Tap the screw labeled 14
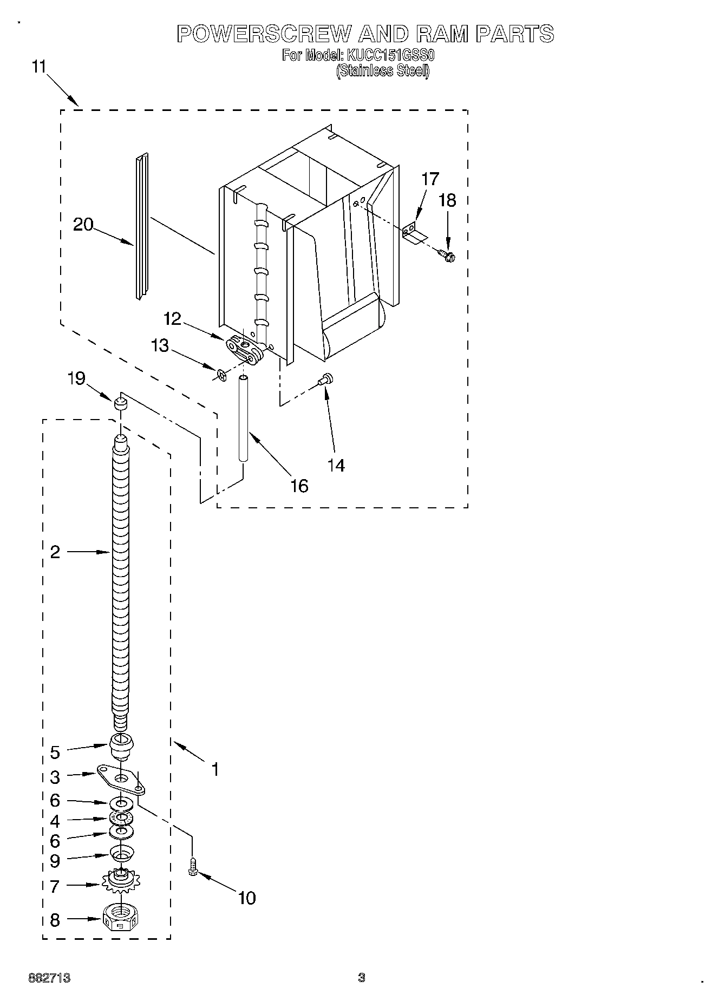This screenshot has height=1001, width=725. (326, 380)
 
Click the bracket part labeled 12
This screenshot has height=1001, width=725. (244, 348)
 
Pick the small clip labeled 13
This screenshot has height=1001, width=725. (220, 374)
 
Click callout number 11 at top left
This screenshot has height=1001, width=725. (39, 67)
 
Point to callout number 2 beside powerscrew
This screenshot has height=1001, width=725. (55, 552)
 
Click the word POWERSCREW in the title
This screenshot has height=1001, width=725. (265, 34)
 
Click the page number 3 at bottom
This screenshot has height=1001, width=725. (361, 978)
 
